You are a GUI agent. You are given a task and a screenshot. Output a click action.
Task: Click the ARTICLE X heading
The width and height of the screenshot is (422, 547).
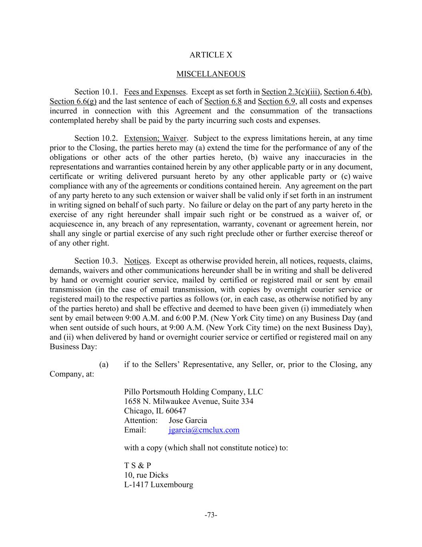[x=210, y=55]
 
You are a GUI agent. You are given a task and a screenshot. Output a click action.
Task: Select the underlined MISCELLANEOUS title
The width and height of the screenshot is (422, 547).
[x=210, y=74]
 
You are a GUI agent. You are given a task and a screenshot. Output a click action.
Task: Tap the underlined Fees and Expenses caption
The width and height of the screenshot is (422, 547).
[x=155, y=92]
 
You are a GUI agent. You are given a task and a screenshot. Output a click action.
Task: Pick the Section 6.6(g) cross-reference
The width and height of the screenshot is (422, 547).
[x=73, y=101]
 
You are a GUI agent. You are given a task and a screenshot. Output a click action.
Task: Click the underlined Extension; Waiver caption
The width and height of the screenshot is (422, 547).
[x=155, y=138]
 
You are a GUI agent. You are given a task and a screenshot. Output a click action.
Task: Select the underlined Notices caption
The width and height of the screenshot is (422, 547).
[x=136, y=261]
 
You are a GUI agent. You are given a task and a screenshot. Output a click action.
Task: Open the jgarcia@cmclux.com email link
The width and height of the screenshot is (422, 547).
[x=204, y=430]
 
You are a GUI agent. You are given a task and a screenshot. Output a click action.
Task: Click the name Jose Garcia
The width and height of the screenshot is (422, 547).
[x=188, y=420]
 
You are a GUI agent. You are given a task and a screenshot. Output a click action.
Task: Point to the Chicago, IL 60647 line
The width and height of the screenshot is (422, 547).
[x=155, y=411]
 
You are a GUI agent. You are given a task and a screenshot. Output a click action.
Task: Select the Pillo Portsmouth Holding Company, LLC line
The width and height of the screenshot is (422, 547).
[x=193, y=392]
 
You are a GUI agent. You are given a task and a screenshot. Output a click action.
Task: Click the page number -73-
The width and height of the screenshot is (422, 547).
[x=210, y=515]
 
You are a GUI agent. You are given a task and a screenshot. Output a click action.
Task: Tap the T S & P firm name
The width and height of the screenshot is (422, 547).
[x=137, y=465]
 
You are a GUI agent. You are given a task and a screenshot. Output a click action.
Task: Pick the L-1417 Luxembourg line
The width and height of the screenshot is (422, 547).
[x=158, y=484]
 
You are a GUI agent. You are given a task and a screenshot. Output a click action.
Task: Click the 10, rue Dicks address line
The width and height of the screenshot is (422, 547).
[x=146, y=475]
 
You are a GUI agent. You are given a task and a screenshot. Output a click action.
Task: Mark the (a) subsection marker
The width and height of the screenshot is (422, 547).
[x=104, y=364]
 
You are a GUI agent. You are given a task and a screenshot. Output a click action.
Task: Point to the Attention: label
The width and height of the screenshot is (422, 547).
[x=141, y=420]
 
